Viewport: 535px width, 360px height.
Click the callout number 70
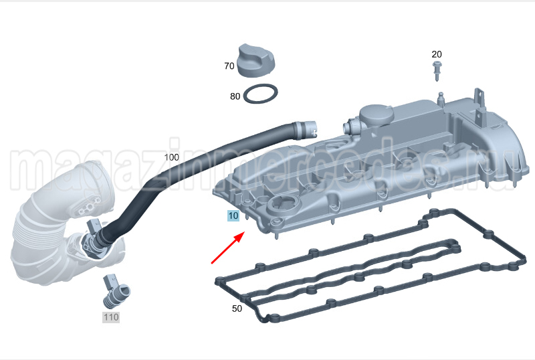pyautogui.click(x=229, y=66)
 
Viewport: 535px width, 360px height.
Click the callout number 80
pyautogui.click(x=235, y=96)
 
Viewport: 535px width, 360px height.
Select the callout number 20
pyautogui.click(x=436, y=54)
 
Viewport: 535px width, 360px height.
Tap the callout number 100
pyautogui.click(x=172, y=158)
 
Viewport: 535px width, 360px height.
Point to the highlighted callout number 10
pyautogui.click(x=233, y=216)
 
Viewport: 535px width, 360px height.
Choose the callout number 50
pyautogui.click(x=237, y=308)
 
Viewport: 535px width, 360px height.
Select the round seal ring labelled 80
pyautogui.click(x=261, y=95)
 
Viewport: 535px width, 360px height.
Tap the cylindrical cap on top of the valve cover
pyautogui.click(x=371, y=120)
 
